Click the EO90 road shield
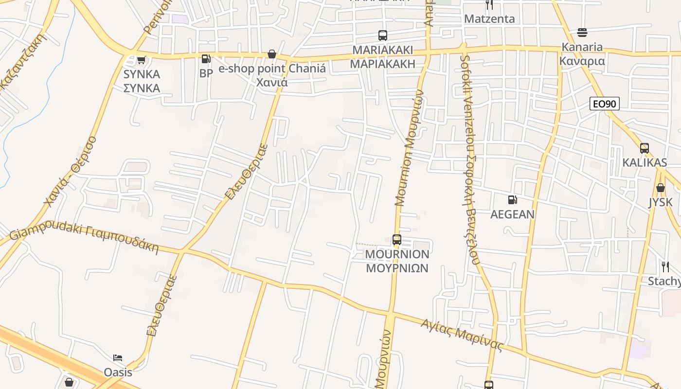[x=604, y=104]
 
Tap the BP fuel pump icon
[x=206, y=59]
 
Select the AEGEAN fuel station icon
[x=512, y=200]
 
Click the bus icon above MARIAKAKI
[x=383, y=35]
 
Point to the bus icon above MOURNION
[x=397, y=240]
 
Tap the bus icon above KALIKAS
[x=645, y=148]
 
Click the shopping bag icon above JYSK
[x=661, y=188]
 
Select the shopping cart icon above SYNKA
[x=141, y=60]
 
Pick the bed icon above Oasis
[x=118, y=358]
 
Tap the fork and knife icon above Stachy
[x=665, y=266]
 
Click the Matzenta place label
[x=489, y=19]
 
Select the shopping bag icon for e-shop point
[x=272, y=54]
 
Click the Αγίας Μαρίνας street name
[x=461, y=334]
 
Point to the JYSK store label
[x=661, y=202]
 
